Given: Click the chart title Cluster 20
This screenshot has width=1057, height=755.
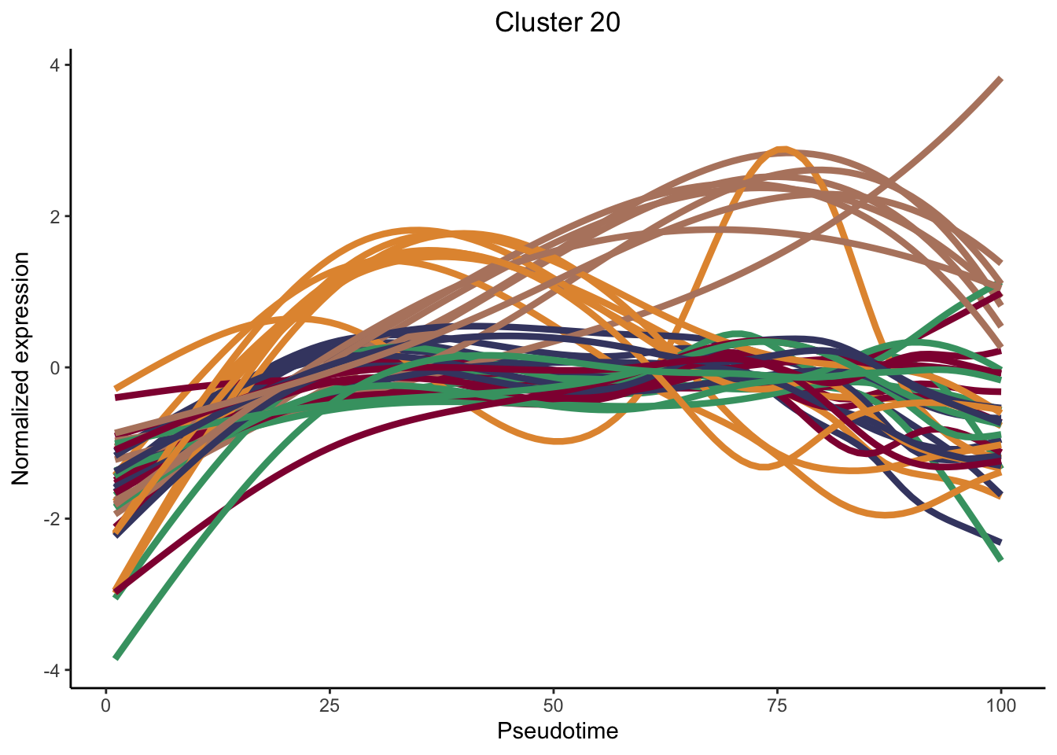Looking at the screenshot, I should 557,22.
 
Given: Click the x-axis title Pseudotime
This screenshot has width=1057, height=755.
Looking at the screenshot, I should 557,731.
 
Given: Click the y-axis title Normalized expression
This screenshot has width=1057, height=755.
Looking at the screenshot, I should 21,368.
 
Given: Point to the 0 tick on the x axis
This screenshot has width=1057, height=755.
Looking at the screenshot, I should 106,705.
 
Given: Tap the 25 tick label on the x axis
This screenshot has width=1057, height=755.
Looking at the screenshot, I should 330,705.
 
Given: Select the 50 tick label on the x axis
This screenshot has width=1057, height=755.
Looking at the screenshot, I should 554,705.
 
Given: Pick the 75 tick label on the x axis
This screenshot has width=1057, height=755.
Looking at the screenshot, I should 777,705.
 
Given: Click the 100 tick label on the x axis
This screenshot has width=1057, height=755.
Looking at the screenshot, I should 1000,705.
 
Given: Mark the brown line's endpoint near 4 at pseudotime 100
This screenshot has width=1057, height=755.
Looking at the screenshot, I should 1000,79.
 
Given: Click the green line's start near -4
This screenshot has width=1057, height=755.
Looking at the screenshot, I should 116,657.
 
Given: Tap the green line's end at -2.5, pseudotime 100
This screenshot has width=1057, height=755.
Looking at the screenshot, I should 1000,559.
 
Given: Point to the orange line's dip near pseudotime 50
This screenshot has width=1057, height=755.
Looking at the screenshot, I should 557,441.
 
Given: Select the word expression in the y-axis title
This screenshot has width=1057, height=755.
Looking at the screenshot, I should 21,311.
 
